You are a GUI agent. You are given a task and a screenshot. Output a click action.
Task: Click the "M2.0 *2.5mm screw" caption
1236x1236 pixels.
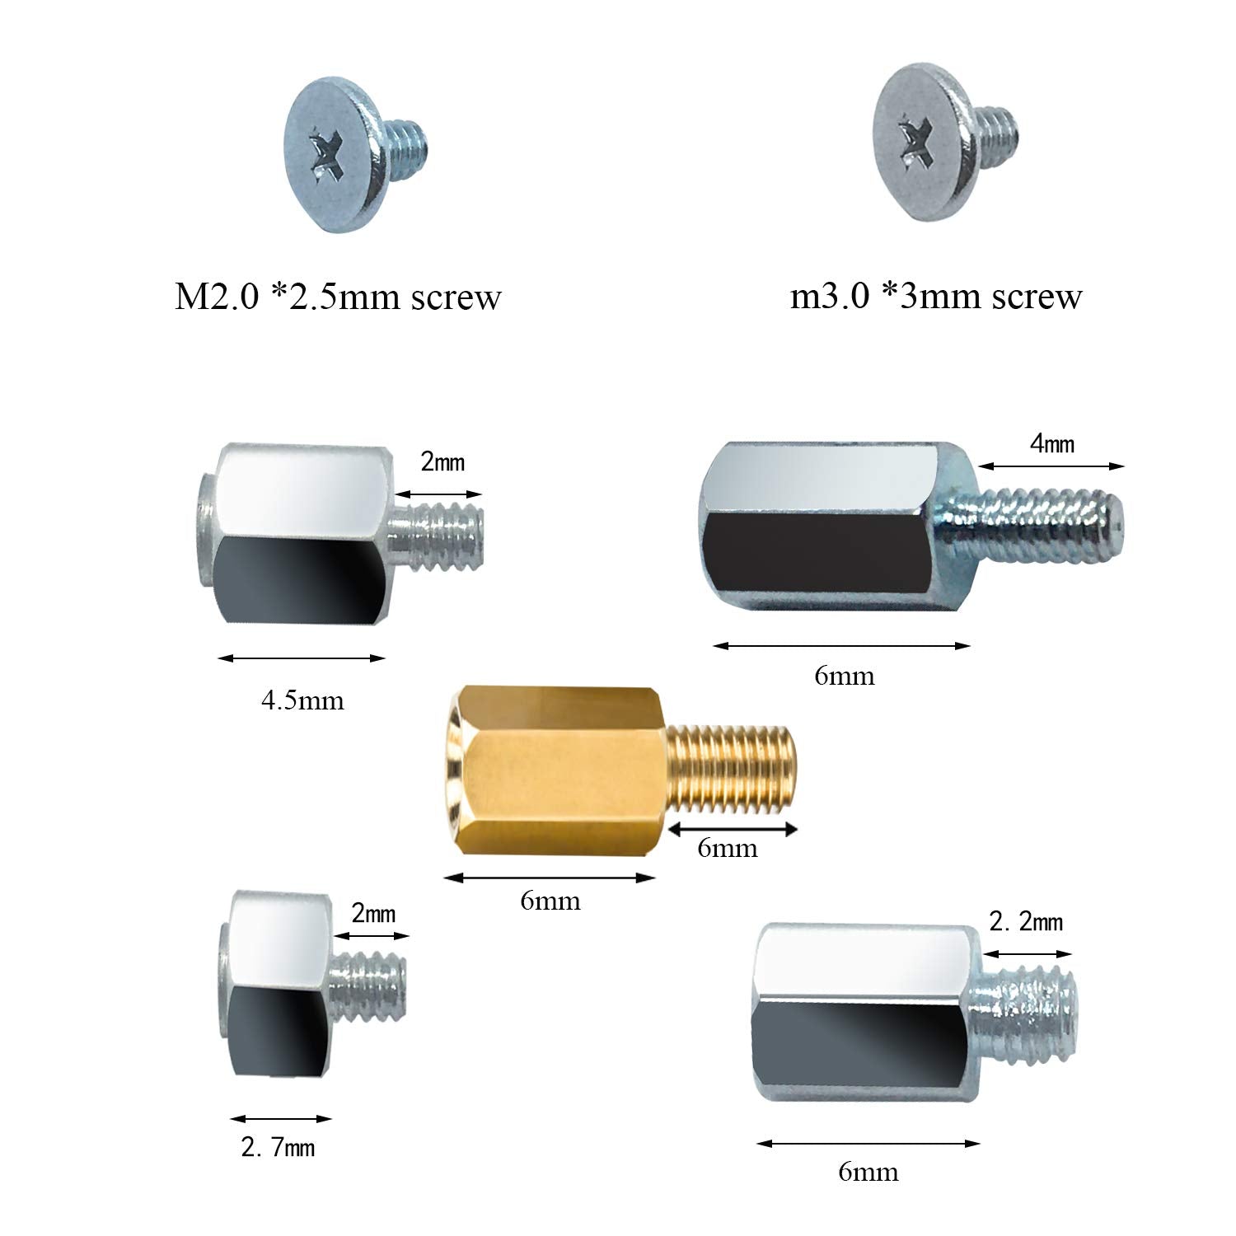pyautogui.click(x=337, y=297)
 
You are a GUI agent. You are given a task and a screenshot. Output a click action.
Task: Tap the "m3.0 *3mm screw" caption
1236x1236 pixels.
pyautogui.click(x=935, y=296)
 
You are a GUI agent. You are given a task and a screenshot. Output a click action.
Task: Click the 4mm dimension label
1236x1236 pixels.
pyautogui.click(x=1052, y=444)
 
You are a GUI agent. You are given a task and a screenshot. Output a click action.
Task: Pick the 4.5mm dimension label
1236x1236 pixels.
pyautogui.click(x=302, y=701)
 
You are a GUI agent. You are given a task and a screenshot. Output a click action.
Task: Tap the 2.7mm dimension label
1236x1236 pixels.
pyautogui.click(x=278, y=1147)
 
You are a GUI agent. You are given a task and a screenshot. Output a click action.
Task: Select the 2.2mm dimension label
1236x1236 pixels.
pyautogui.click(x=1026, y=922)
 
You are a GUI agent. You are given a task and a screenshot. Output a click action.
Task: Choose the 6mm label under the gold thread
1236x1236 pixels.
pyautogui.click(x=727, y=849)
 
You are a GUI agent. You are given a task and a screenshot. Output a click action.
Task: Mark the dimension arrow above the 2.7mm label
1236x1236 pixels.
pyautogui.click(x=280, y=1118)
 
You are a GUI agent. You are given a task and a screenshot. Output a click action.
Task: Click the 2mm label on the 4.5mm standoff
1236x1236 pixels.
pyautogui.click(x=442, y=462)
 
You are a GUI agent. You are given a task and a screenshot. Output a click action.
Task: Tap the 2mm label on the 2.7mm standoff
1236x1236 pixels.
pyautogui.click(x=373, y=914)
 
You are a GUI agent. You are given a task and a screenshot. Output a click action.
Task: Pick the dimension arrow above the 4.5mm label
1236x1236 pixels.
pyautogui.click(x=302, y=658)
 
